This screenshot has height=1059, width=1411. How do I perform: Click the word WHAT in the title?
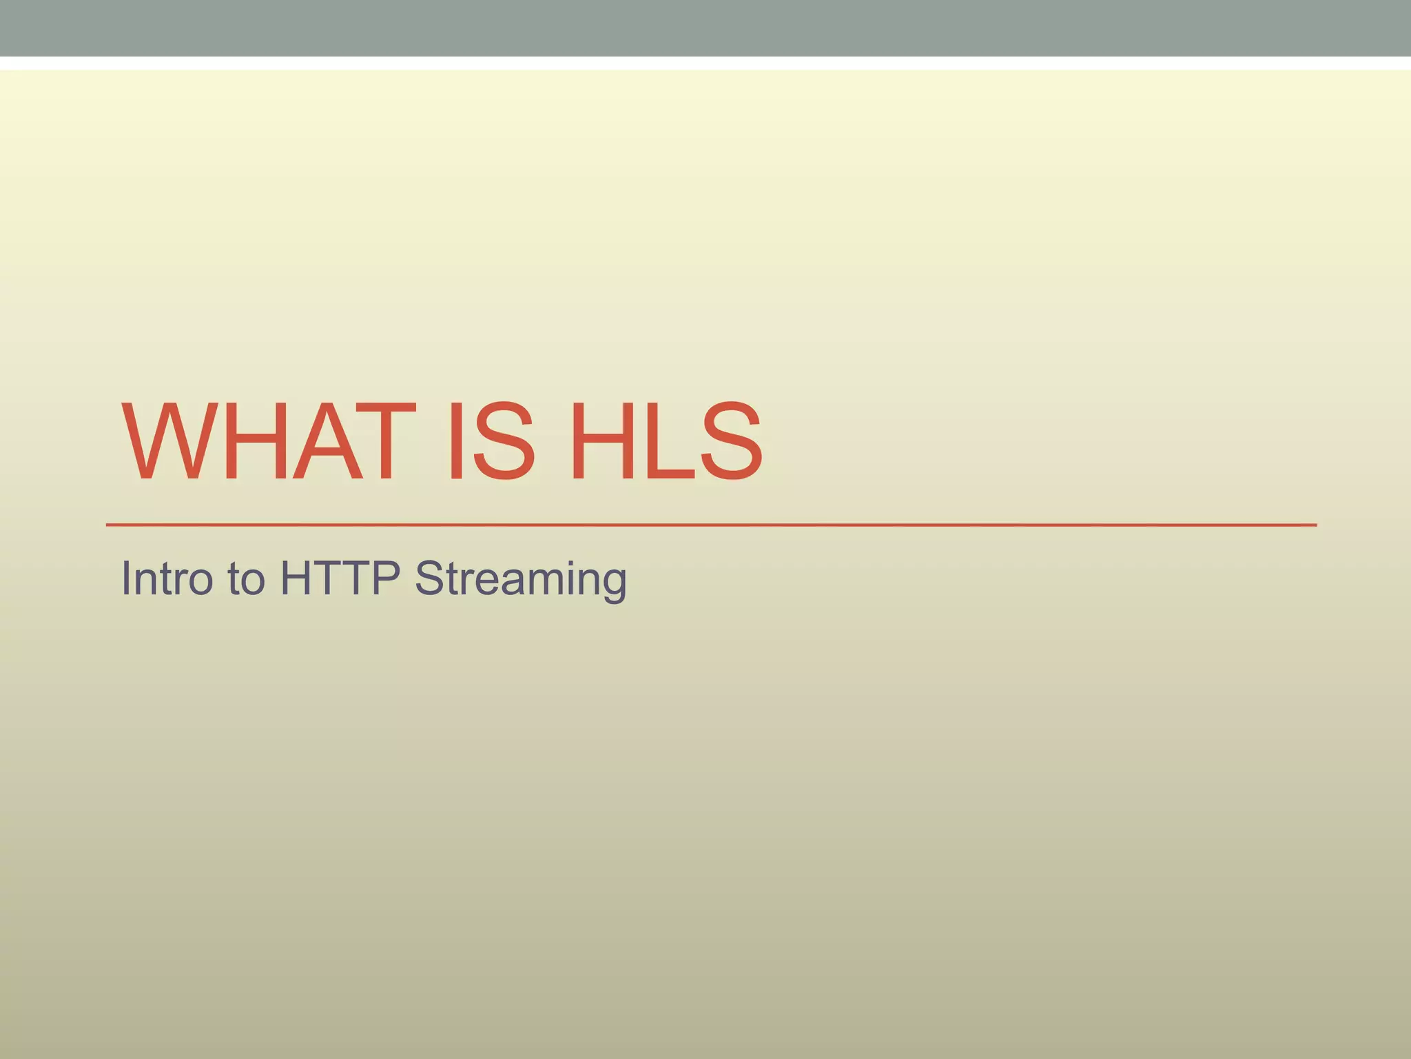tap(269, 441)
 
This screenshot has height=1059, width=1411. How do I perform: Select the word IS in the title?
tap(491, 441)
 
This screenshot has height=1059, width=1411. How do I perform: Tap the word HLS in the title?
tap(666, 441)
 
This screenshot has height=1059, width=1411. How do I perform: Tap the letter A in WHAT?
tap(327, 441)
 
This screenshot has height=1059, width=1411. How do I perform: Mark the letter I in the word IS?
tap(455, 441)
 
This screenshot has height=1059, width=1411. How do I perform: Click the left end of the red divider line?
tap(109, 525)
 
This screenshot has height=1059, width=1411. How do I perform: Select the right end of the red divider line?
tap(1314, 525)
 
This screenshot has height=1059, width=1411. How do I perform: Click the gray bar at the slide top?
tap(705, 28)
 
